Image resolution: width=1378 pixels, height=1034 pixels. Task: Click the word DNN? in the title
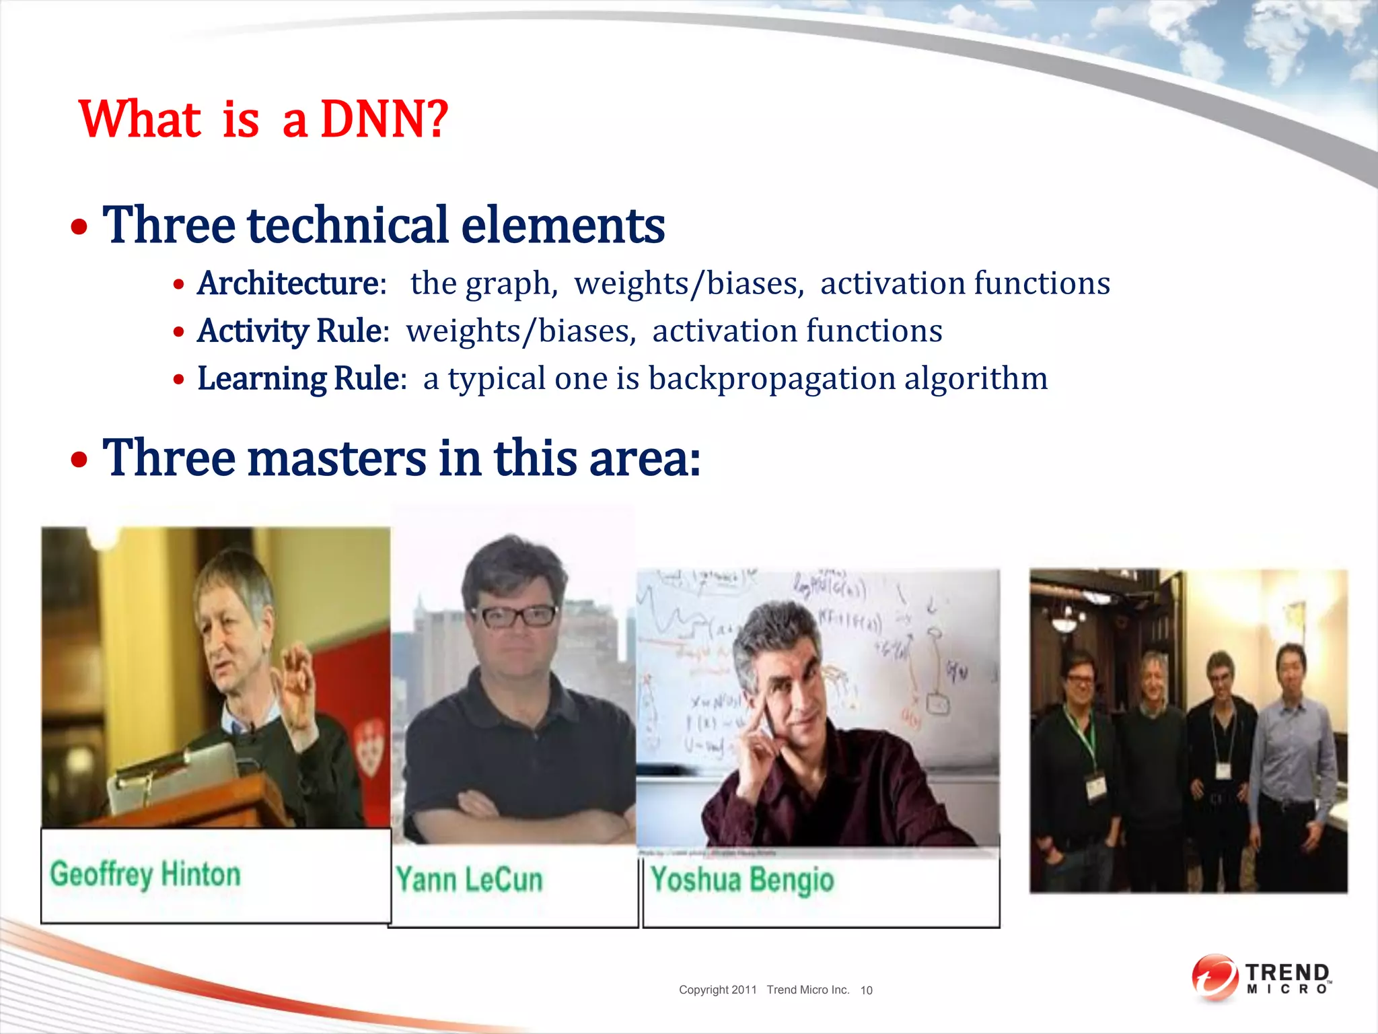point(384,119)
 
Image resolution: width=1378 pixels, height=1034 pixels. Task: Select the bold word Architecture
point(289,283)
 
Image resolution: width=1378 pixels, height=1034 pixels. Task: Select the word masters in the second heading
point(336,458)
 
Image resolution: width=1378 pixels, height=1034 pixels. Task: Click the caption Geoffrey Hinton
point(145,874)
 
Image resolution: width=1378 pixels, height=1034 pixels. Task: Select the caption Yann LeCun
point(469,880)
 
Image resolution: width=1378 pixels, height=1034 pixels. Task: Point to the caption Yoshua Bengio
point(742,880)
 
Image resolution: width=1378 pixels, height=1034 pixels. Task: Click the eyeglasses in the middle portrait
point(514,616)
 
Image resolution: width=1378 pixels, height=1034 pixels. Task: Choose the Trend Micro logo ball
point(1214,977)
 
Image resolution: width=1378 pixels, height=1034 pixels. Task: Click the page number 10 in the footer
point(866,990)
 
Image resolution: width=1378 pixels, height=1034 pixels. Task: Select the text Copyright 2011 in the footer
point(717,990)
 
